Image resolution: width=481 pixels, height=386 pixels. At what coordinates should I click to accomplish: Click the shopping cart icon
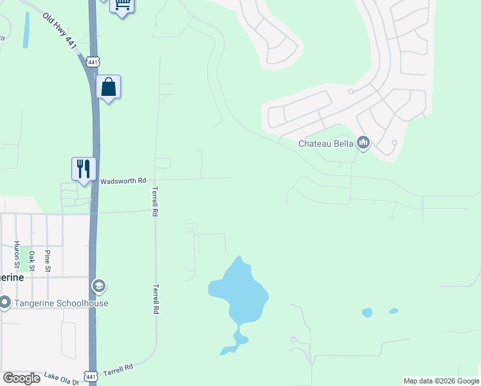[x=122, y=5]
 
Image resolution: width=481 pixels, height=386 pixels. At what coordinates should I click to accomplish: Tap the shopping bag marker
[x=109, y=87]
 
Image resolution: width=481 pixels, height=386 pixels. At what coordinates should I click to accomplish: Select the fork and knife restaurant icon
[x=84, y=169]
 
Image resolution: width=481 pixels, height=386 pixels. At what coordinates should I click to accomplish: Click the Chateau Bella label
[x=326, y=143]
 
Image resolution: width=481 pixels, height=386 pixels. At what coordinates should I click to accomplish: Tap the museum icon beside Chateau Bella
[x=363, y=142]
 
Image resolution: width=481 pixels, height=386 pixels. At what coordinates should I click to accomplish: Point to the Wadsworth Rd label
[x=123, y=181]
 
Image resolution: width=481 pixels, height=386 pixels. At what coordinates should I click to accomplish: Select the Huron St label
[x=17, y=255]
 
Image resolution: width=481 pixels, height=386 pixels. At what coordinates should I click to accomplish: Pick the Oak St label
[x=32, y=260]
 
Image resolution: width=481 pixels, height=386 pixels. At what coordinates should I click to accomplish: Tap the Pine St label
[x=48, y=261]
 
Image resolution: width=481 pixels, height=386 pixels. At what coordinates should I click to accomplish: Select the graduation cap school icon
[x=98, y=285]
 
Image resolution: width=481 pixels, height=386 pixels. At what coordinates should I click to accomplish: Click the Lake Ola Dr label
[x=61, y=378]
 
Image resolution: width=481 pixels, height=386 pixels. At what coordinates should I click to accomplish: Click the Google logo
[x=21, y=378]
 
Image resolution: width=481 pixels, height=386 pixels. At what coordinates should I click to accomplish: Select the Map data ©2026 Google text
[x=441, y=381]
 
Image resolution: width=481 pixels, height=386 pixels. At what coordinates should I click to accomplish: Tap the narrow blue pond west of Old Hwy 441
[x=26, y=30]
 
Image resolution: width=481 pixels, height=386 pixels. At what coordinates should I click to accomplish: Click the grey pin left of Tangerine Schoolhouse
[x=4, y=302]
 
